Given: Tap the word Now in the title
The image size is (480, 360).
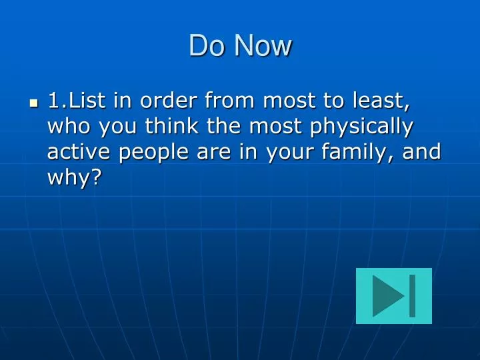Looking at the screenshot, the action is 263,45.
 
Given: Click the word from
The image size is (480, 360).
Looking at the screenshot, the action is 229,100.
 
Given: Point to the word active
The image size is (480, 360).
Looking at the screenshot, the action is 79,151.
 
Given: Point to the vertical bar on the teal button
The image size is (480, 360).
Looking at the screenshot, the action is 413,296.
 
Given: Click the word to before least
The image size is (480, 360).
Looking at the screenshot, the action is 334,101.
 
